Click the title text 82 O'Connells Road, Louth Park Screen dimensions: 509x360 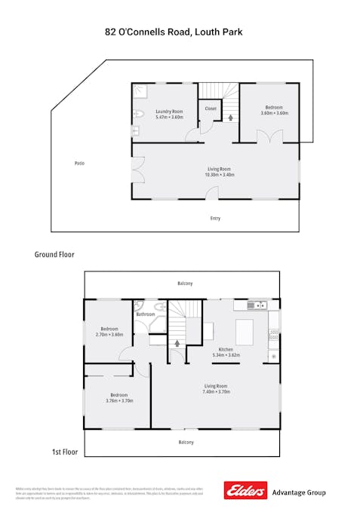180,32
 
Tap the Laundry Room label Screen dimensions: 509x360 169,112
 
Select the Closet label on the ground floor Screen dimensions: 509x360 211,109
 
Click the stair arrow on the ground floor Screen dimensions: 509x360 230,118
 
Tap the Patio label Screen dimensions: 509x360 79,163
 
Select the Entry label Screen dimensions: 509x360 216,219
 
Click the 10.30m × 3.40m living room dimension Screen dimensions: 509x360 219,175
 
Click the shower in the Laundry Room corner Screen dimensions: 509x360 140,91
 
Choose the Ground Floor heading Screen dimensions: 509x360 54,255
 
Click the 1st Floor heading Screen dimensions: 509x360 66,452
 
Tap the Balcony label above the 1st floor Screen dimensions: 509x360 185,284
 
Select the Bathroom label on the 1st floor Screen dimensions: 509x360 146,314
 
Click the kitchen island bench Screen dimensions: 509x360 246,331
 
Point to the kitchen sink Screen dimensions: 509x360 257,305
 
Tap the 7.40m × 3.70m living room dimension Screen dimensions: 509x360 217,392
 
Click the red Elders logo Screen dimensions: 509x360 245,491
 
